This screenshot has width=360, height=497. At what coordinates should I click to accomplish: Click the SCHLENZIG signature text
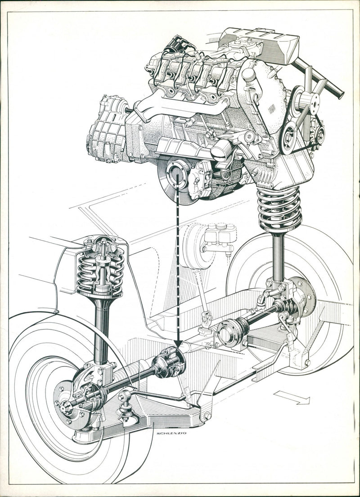point(171,433)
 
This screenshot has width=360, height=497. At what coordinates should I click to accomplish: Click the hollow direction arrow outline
point(292,397)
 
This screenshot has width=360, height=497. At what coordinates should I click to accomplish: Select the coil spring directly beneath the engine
point(279,209)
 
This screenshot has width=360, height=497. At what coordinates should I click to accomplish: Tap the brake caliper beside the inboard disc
point(200,180)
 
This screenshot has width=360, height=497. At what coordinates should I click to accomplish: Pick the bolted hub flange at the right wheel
point(303,297)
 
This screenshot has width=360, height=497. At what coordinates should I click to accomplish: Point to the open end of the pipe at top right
point(340,94)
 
